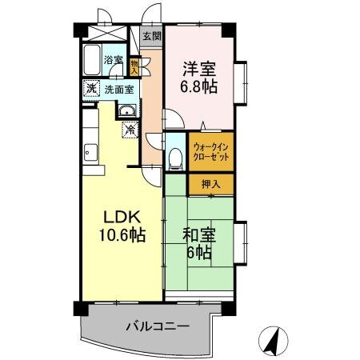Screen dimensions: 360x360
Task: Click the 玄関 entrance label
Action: point(151,37)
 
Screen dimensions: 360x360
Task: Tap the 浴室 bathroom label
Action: point(114,61)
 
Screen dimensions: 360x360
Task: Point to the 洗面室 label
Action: point(119,89)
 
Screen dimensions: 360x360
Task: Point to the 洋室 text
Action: point(200,69)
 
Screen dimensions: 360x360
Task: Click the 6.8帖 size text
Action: point(200,86)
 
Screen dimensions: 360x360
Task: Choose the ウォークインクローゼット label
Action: point(211,152)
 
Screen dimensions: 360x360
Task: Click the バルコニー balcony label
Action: point(157,326)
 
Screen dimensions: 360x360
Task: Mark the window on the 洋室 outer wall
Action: point(243,83)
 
